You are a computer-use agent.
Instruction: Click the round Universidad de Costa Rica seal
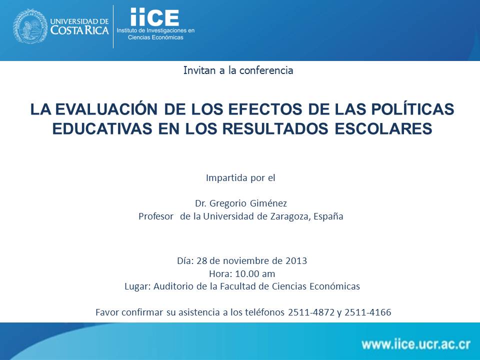coord(30,26)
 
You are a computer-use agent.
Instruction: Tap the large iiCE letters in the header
coord(154,17)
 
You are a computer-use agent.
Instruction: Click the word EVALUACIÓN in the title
coord(106,109)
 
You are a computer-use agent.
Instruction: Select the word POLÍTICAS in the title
coord(412,109)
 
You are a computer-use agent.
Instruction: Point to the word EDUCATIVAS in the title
coord(102,129)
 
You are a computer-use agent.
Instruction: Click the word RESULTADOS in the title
coord(275,129)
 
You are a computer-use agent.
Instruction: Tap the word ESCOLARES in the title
coord(383,129)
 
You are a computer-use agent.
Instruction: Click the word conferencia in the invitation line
coord(266,70)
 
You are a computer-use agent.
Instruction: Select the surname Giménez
coord(268,203)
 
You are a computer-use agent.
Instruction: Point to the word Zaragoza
coord(290,216)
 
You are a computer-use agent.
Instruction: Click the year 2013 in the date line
coord(296,261)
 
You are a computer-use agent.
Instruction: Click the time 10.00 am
coord(255,273)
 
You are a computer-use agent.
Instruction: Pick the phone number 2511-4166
coord(368,312)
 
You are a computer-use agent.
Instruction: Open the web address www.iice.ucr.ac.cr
coord(416,344)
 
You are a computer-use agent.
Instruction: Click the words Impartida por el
coord(240,178)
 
